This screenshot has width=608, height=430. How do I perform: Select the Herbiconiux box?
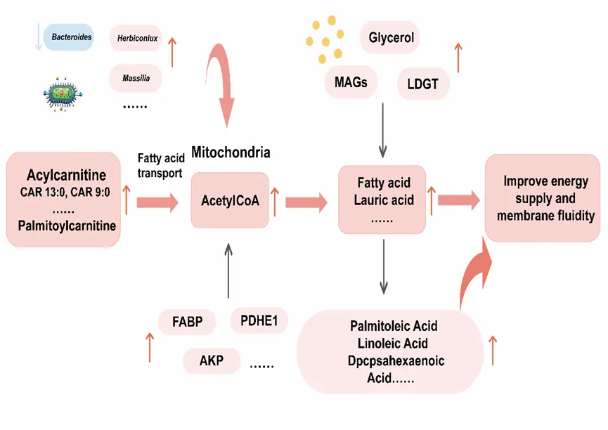[136, 39]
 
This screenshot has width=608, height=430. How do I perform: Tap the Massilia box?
[136, 78]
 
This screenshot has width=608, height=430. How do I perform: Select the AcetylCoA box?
[230, 200]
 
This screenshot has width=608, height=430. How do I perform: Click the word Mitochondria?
[231, 152]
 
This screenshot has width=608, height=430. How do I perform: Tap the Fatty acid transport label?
[160, 166]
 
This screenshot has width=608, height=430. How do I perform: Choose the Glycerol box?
[390, 37]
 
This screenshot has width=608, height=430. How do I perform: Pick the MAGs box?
[351, 82]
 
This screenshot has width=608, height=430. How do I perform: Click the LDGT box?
[422, 84]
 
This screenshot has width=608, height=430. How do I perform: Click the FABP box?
[188, 323]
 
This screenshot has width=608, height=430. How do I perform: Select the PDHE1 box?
[259, 322]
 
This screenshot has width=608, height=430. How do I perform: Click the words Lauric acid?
[384, 200]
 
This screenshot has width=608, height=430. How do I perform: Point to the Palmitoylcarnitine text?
[67, 226]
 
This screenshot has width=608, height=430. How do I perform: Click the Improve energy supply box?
[542, 199]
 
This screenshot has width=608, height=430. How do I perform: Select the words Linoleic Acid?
[393, 344]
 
